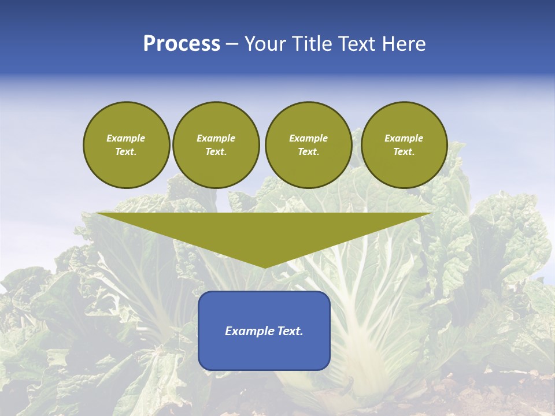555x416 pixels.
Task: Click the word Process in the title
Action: point(182,43)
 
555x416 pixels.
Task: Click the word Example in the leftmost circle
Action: point(126,138)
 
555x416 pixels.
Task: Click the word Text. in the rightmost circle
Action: point(404,151)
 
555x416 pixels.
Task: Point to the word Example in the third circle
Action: point(308,138)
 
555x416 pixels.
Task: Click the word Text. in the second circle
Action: point(216,151)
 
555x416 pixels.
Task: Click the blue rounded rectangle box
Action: point(264,352)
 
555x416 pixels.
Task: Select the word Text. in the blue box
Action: point(291,331)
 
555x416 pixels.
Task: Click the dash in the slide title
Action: point(232,43)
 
